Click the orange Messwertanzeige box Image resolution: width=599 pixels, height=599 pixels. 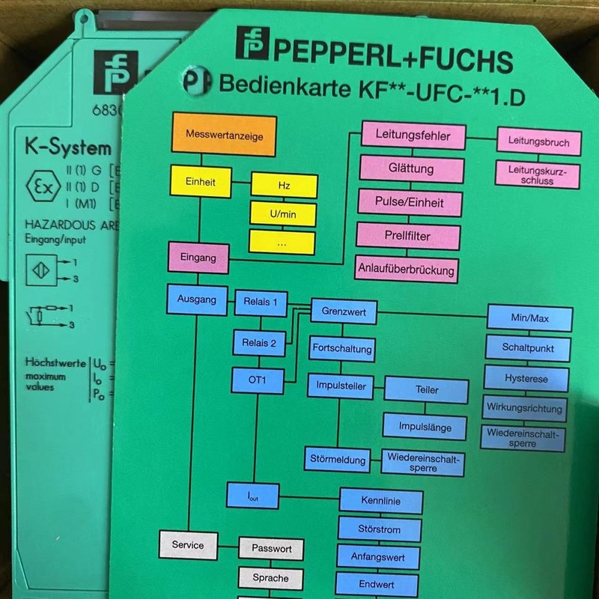tap(224, 136)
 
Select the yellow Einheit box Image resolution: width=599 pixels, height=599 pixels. tap(201, 181)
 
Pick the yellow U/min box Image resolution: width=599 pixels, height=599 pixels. tap(284, 214)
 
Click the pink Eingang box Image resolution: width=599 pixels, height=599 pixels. tap(198, 258)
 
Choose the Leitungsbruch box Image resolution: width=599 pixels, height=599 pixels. tap(538, 142)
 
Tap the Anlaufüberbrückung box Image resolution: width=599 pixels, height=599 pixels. tap(407, 268)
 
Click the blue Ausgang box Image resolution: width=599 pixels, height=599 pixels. tap(197, 299)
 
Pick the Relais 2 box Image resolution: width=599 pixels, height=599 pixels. tap(259, 343)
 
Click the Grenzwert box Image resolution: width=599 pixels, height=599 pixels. tap(344, 311)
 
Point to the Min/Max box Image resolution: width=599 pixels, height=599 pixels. tap(530, 318)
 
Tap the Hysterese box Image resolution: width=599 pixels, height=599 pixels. tap(526, 378)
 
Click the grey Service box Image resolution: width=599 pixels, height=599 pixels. tap(187, 544)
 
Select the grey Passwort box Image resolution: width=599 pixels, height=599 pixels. tap(271, 549)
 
